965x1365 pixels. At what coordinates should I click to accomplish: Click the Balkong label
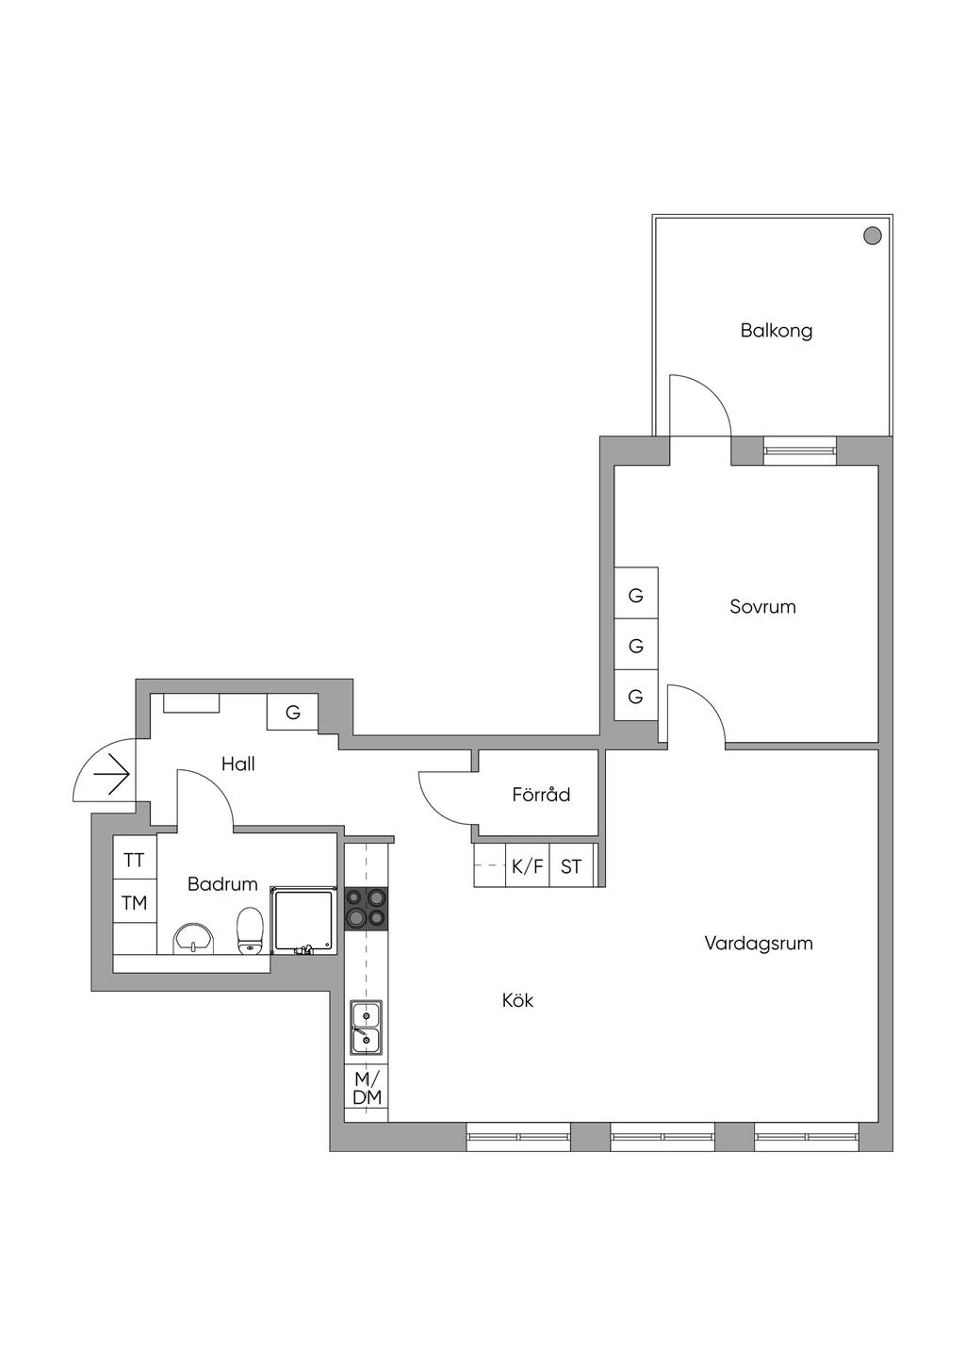777,331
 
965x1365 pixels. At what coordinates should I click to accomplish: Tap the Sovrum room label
762,607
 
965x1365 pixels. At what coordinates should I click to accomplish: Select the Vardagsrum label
759,944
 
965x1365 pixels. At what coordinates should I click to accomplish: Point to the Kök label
517,1000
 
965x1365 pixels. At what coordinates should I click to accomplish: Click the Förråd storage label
541,795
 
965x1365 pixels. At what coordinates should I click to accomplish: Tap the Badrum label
222,884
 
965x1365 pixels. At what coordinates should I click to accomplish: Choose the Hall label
238,765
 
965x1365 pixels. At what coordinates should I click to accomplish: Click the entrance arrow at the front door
112,776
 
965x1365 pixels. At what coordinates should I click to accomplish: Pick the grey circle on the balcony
873,237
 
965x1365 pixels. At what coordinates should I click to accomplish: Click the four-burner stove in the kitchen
366,909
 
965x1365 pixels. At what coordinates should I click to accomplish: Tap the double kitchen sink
366,1028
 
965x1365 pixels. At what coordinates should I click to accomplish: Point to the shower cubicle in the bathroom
303,921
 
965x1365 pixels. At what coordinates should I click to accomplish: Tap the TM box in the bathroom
135,901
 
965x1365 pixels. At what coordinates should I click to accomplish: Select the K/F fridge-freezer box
528,865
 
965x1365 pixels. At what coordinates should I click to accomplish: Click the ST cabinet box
571,865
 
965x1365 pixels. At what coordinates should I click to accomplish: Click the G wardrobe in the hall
292,712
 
